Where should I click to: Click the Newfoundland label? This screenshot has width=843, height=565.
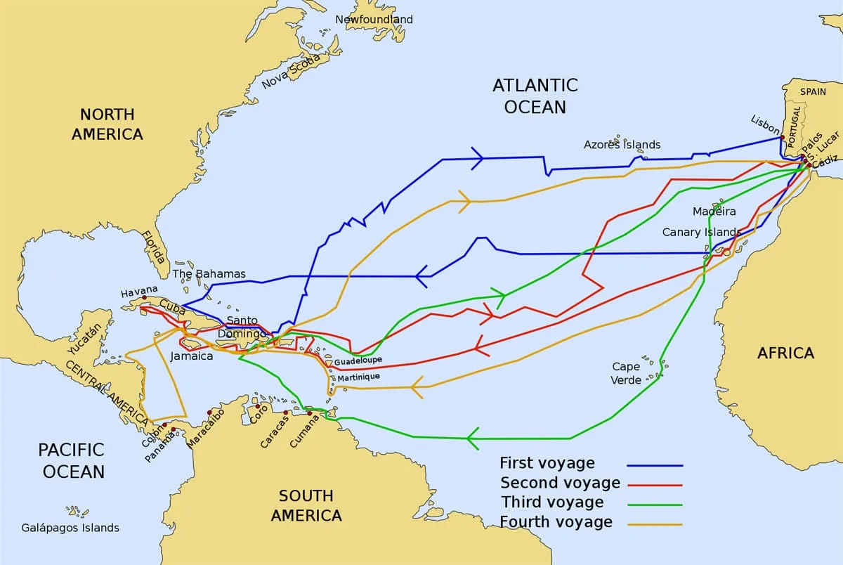tap(374, 20)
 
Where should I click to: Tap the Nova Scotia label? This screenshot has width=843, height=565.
tap(290, 72)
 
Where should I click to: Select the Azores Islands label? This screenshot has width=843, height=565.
tap(622, 145)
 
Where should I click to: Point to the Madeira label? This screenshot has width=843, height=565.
tap(714, 212)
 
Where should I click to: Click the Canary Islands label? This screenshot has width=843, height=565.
tap(701, 232)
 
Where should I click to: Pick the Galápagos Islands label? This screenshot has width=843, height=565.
tap(70, 528)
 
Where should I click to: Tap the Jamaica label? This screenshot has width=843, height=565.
tap(191, 356)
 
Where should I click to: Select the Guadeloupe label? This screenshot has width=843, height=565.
tap(358, 361)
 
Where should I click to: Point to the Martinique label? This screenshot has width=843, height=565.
tap(358, 377)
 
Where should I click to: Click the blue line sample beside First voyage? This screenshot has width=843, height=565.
tap(655, 465)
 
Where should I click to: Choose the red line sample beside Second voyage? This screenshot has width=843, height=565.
tap(655, 485)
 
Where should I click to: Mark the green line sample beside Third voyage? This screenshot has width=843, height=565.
tap(655, 505)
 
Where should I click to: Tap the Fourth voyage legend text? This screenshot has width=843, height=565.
tap(556, 522)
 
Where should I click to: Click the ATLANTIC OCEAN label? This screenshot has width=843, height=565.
tap(535, 96)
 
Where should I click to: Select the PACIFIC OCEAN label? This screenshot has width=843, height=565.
tap(71, 460)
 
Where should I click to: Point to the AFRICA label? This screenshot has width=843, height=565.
tap(785, 353)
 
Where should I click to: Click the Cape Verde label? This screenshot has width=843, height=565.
tap(626, 373)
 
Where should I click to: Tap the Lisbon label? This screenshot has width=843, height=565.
tap(765, 124)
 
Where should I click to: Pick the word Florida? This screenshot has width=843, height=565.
tap(153, 247)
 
